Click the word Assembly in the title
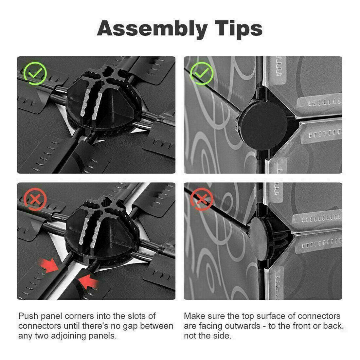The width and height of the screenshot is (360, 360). (x=152, y=29)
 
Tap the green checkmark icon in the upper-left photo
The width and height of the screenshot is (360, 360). (x=35, y=73)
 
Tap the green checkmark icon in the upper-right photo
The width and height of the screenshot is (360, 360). (x=202, y=73)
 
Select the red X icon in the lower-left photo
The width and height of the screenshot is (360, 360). (x=35, y=199)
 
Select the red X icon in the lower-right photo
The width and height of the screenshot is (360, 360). (x=202, y=199)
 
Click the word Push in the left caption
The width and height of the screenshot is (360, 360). (x=28, y=316)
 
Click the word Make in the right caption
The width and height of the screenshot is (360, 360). (x=194, y=316)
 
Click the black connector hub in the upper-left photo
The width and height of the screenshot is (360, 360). (x=104, y=101)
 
